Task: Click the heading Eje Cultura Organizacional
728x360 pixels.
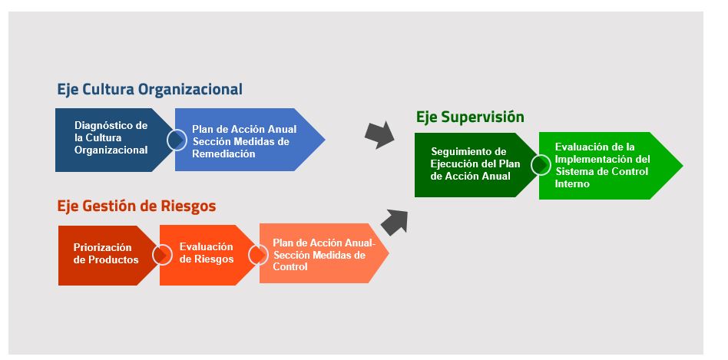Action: [150, 90]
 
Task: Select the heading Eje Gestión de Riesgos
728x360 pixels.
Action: [137, 206]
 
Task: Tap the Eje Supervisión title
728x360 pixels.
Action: [470, 117]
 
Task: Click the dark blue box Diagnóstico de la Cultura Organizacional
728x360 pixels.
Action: [111, 140]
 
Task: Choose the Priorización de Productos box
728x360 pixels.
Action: [106, 256]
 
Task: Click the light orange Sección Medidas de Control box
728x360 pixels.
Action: [320, 254]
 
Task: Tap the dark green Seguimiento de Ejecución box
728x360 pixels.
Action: [475, 165]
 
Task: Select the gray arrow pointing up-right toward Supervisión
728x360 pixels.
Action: [394, 223]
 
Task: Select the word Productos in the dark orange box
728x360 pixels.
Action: [113, 260]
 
